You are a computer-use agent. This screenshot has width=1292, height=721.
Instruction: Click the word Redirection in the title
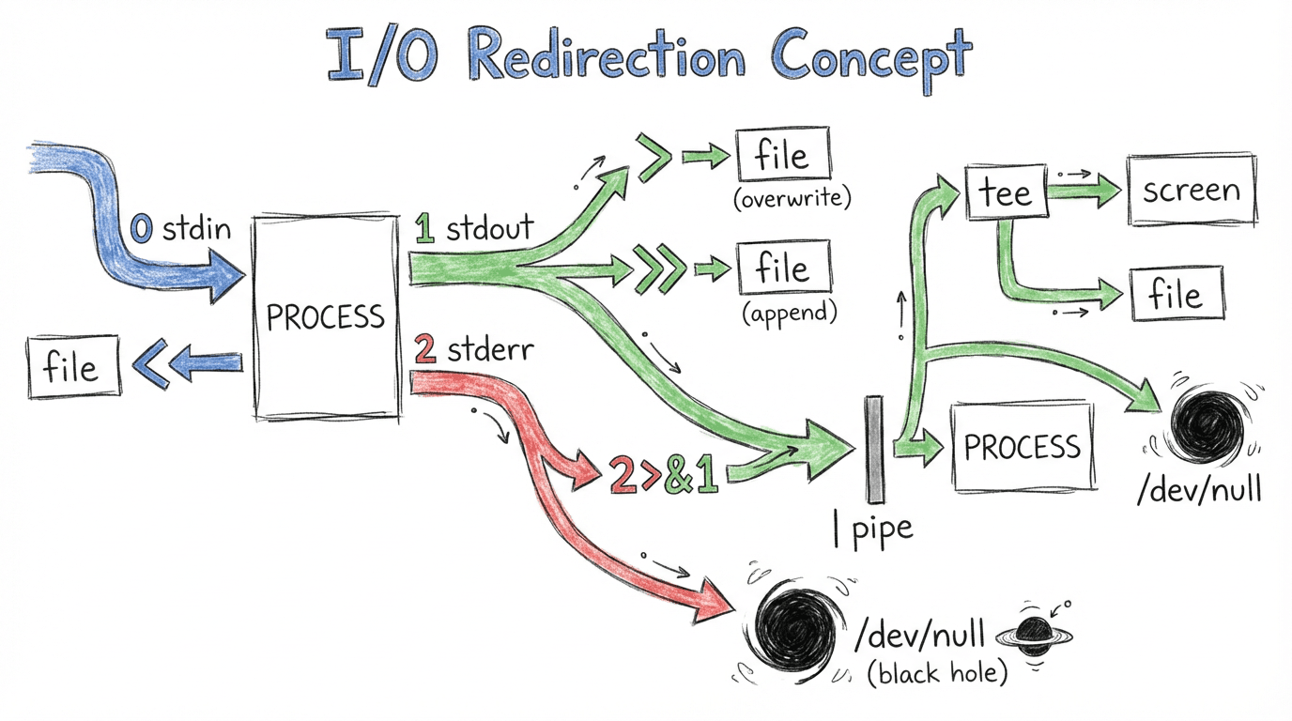(x=606, y=58)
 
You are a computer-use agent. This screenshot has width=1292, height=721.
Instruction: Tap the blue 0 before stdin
(x=141, y=228)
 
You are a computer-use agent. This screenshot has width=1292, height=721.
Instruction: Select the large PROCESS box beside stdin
(x=326, y=316)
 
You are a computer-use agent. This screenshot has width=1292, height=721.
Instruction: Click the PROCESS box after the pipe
(x=1023, y=447)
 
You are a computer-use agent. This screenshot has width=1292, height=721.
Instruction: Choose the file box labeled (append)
(x=783, y=268)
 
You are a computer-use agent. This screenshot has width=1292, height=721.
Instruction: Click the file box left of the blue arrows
(x=74, y=365)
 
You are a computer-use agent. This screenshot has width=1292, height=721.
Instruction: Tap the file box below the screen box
(x=1176, y=294)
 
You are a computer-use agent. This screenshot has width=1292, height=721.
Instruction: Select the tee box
(x=1005, y=192)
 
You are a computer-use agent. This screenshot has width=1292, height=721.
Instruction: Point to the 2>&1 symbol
(x=663, y=476)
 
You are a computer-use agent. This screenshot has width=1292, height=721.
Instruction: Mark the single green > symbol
(x=654, y=156)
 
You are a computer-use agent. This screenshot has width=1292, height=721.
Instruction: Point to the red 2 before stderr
(x=424, y=351)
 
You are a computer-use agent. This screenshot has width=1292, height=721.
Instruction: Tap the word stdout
(x=489, y=228)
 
